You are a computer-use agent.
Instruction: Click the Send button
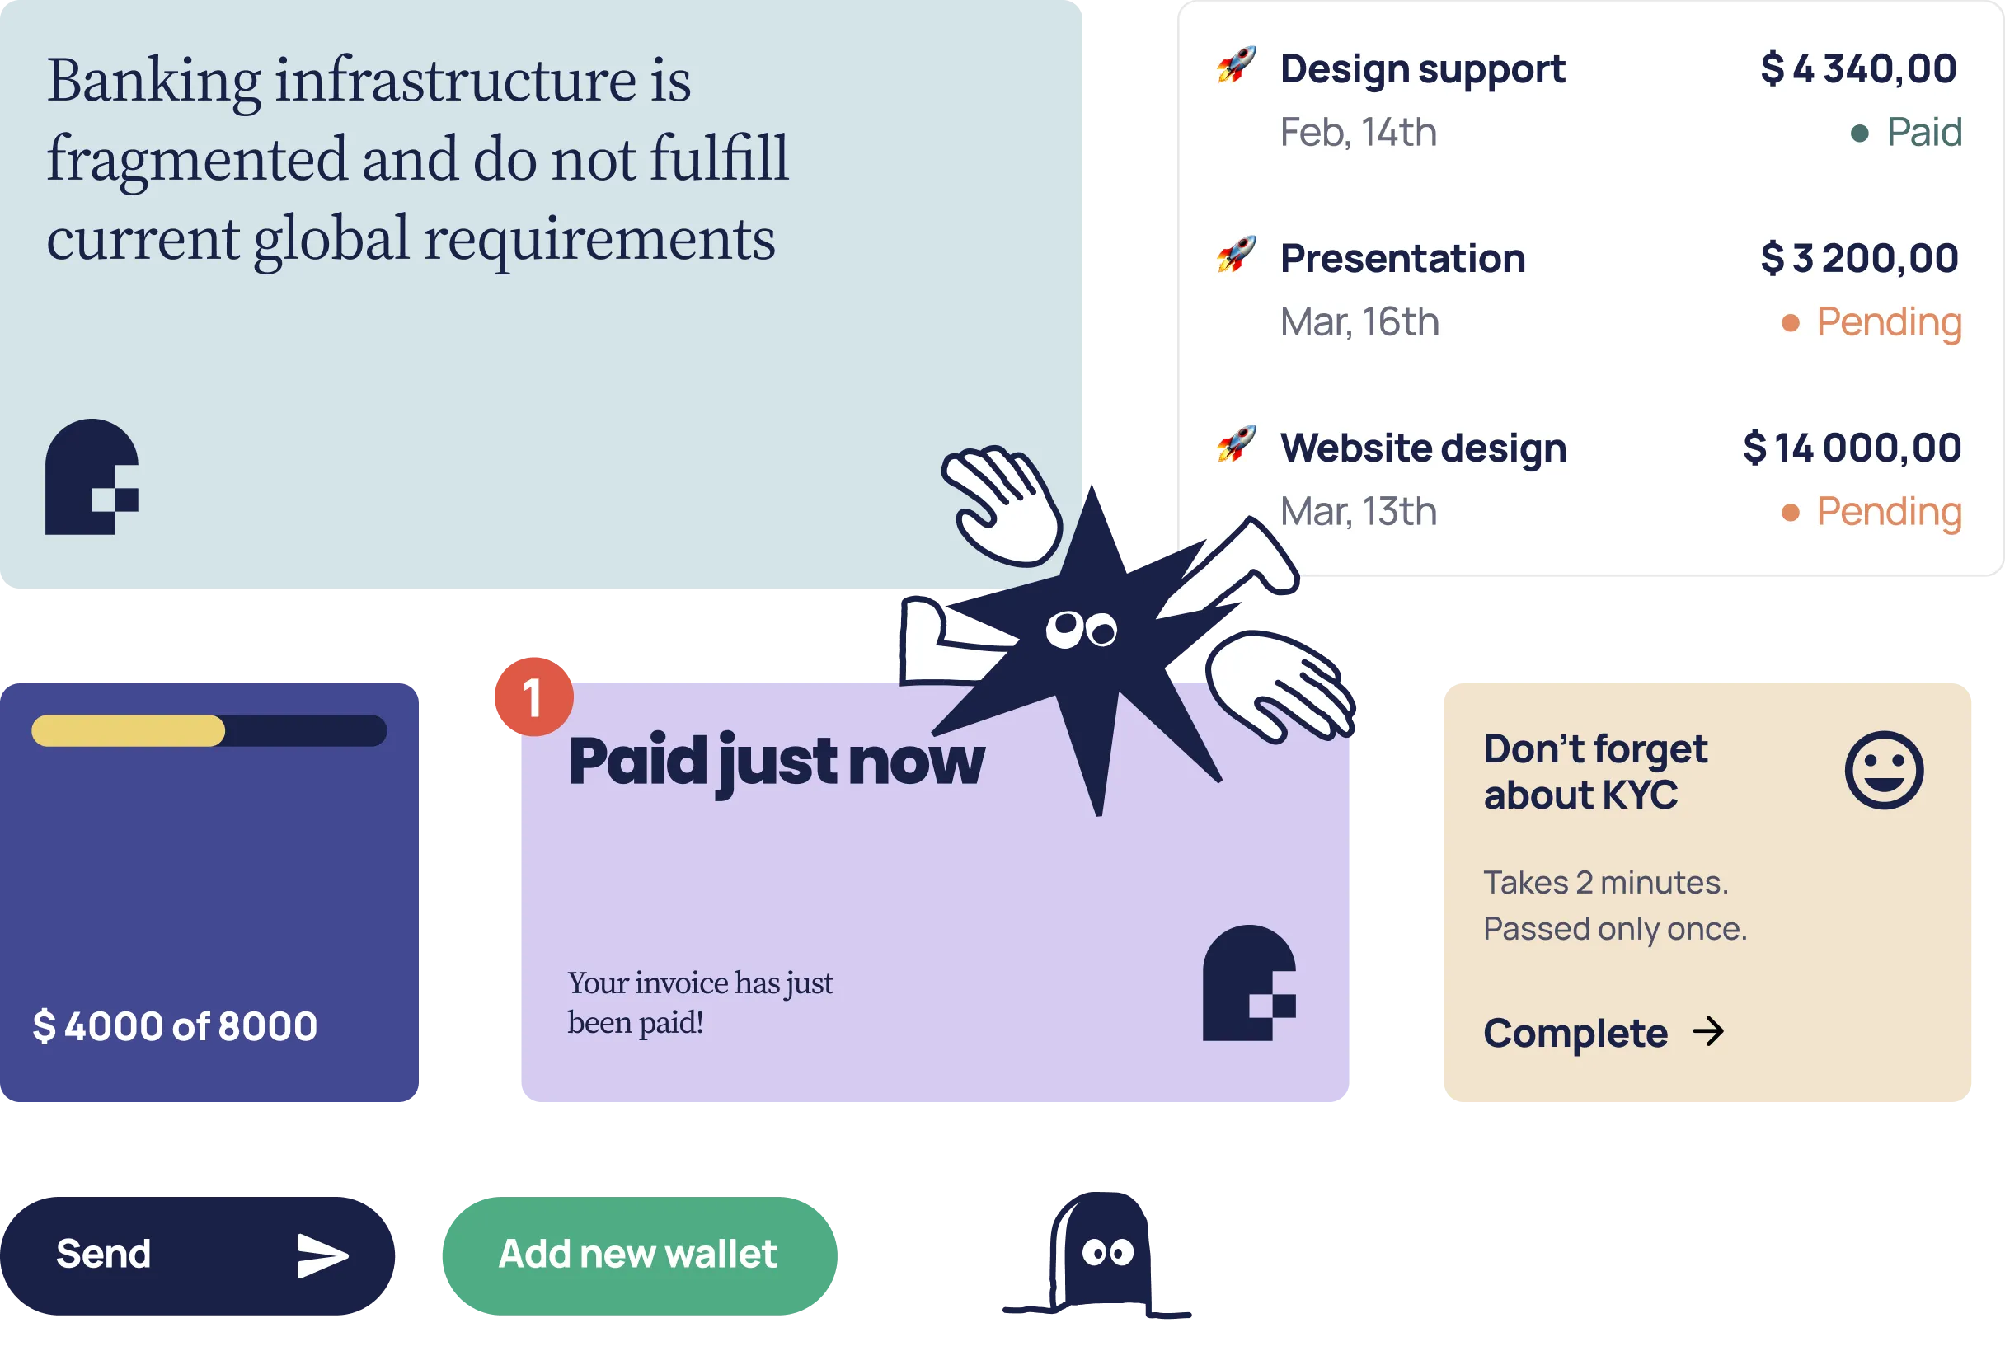pos(196,1255)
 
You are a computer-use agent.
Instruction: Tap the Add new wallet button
pos(638,1255)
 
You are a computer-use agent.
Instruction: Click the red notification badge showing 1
pos(533,697)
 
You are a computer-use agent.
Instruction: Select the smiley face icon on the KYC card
pos(1884,770)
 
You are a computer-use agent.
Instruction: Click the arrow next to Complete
pos(1707,1031)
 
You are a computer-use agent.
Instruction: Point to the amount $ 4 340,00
pos(1857,69)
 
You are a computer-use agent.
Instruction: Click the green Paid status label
pos(1923,133)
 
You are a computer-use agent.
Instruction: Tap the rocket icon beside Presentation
pos(1236,255)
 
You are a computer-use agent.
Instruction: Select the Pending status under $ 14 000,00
pos(1888,512)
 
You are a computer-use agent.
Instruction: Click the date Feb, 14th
pos(1358,133)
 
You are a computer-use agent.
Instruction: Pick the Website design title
pos(1422,448)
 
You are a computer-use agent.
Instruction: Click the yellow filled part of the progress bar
pos(129,730)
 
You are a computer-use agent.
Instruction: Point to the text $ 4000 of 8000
pos(175,1026)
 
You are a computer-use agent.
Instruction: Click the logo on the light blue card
pos(92,476)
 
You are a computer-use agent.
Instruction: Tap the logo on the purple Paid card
pos(1248,983)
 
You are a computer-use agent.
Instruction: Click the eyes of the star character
pos(1082,629)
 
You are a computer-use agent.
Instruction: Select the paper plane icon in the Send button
pos(322,1255)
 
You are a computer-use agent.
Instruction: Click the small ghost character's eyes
pos(1107,1252)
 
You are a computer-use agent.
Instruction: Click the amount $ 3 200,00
pos(1858,259)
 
